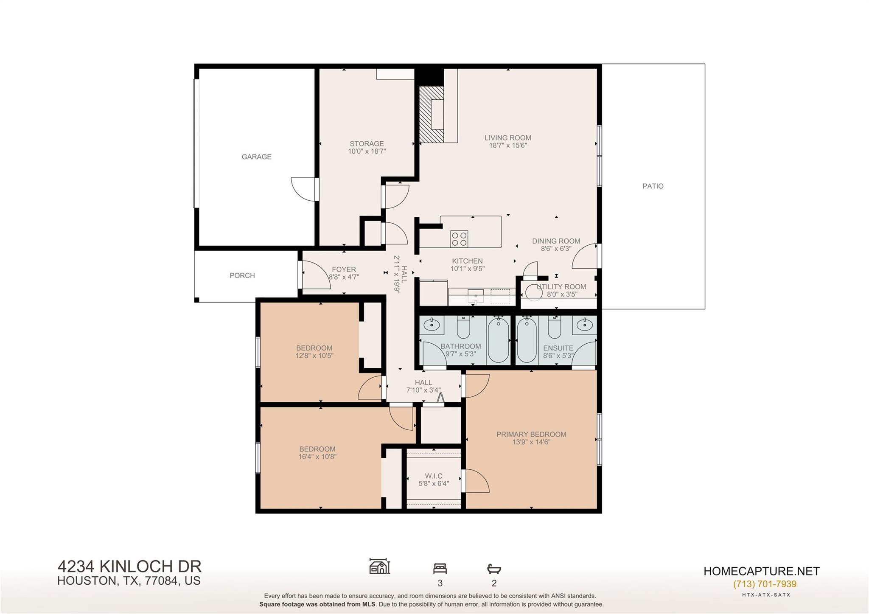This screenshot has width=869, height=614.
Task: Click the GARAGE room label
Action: pos(256,157)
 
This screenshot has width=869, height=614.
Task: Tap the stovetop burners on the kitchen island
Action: pos(459,239)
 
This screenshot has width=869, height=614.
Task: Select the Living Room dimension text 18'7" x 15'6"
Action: pos(508,146)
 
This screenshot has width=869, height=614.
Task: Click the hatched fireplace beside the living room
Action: pos(431,115)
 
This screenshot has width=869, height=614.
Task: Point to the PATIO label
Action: pos(653,186)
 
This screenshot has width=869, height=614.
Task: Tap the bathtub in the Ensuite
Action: pos(527,340)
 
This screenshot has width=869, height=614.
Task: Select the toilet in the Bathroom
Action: pos(463,326)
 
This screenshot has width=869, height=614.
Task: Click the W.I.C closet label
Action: pos(434,476)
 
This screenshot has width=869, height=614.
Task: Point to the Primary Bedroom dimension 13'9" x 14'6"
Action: pos(531,442)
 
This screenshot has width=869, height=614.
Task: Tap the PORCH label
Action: pos(242,275)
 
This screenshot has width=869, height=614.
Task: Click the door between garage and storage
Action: pos(303,189)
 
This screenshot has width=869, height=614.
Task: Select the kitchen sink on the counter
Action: pos(476,295)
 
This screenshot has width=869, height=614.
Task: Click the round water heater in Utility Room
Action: pos(534,292)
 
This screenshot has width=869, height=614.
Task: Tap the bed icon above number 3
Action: pos(440,568)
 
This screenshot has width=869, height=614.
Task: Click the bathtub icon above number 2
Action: pos(494,569)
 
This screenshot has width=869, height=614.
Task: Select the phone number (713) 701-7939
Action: pos(765,584)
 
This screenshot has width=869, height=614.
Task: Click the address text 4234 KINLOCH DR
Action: pos(129,566)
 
